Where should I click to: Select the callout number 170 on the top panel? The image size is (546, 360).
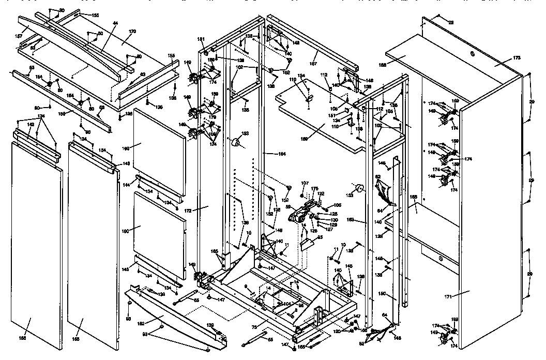(x=132, y=32)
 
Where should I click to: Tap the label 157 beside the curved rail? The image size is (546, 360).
(x=19, y=36)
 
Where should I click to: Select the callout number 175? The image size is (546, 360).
(x=315, y=189)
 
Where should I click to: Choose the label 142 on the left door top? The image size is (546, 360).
(x=31, y=125)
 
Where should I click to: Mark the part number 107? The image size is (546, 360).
(x=305, y=183)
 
